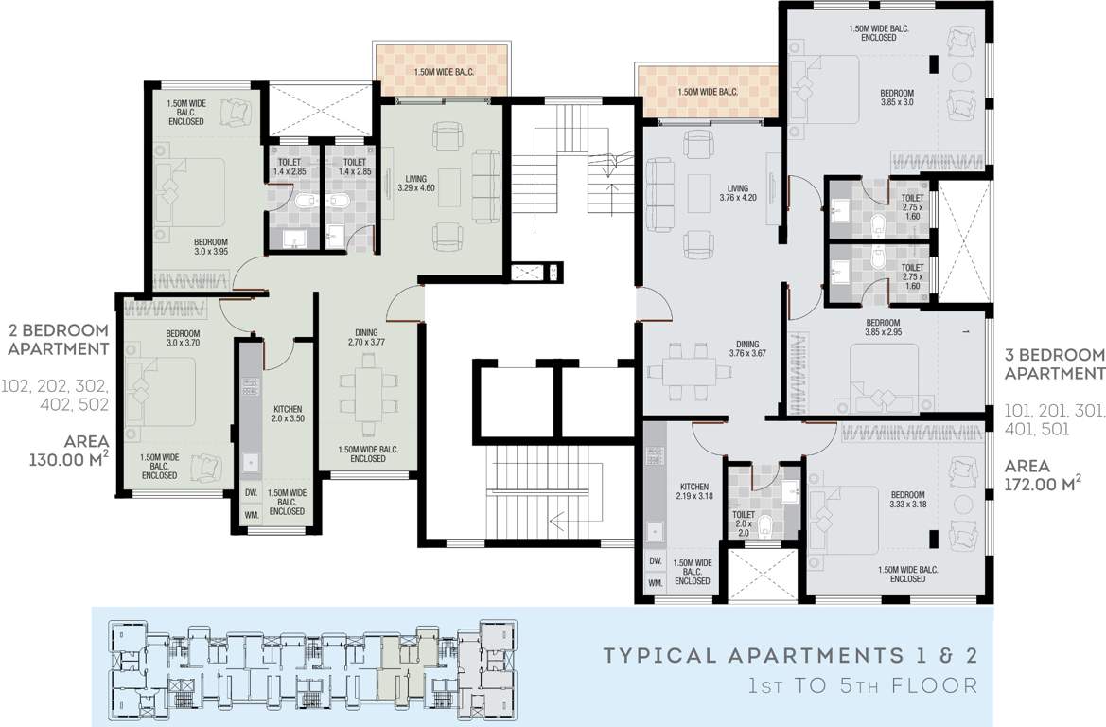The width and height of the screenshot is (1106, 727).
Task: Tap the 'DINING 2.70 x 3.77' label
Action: click(366, 338)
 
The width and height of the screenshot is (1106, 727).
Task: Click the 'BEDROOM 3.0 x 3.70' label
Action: click(183, 339)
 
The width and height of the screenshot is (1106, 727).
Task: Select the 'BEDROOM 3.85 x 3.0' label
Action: click(897, 98)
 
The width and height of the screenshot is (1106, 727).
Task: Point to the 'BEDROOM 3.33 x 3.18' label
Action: click(906, 500)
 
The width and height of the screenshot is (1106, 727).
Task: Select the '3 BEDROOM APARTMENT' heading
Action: click(1054, 364)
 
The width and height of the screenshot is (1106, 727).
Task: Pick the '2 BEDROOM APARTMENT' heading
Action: click(58, 339)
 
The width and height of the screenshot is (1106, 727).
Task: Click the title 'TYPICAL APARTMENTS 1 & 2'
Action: click(789, 655)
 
